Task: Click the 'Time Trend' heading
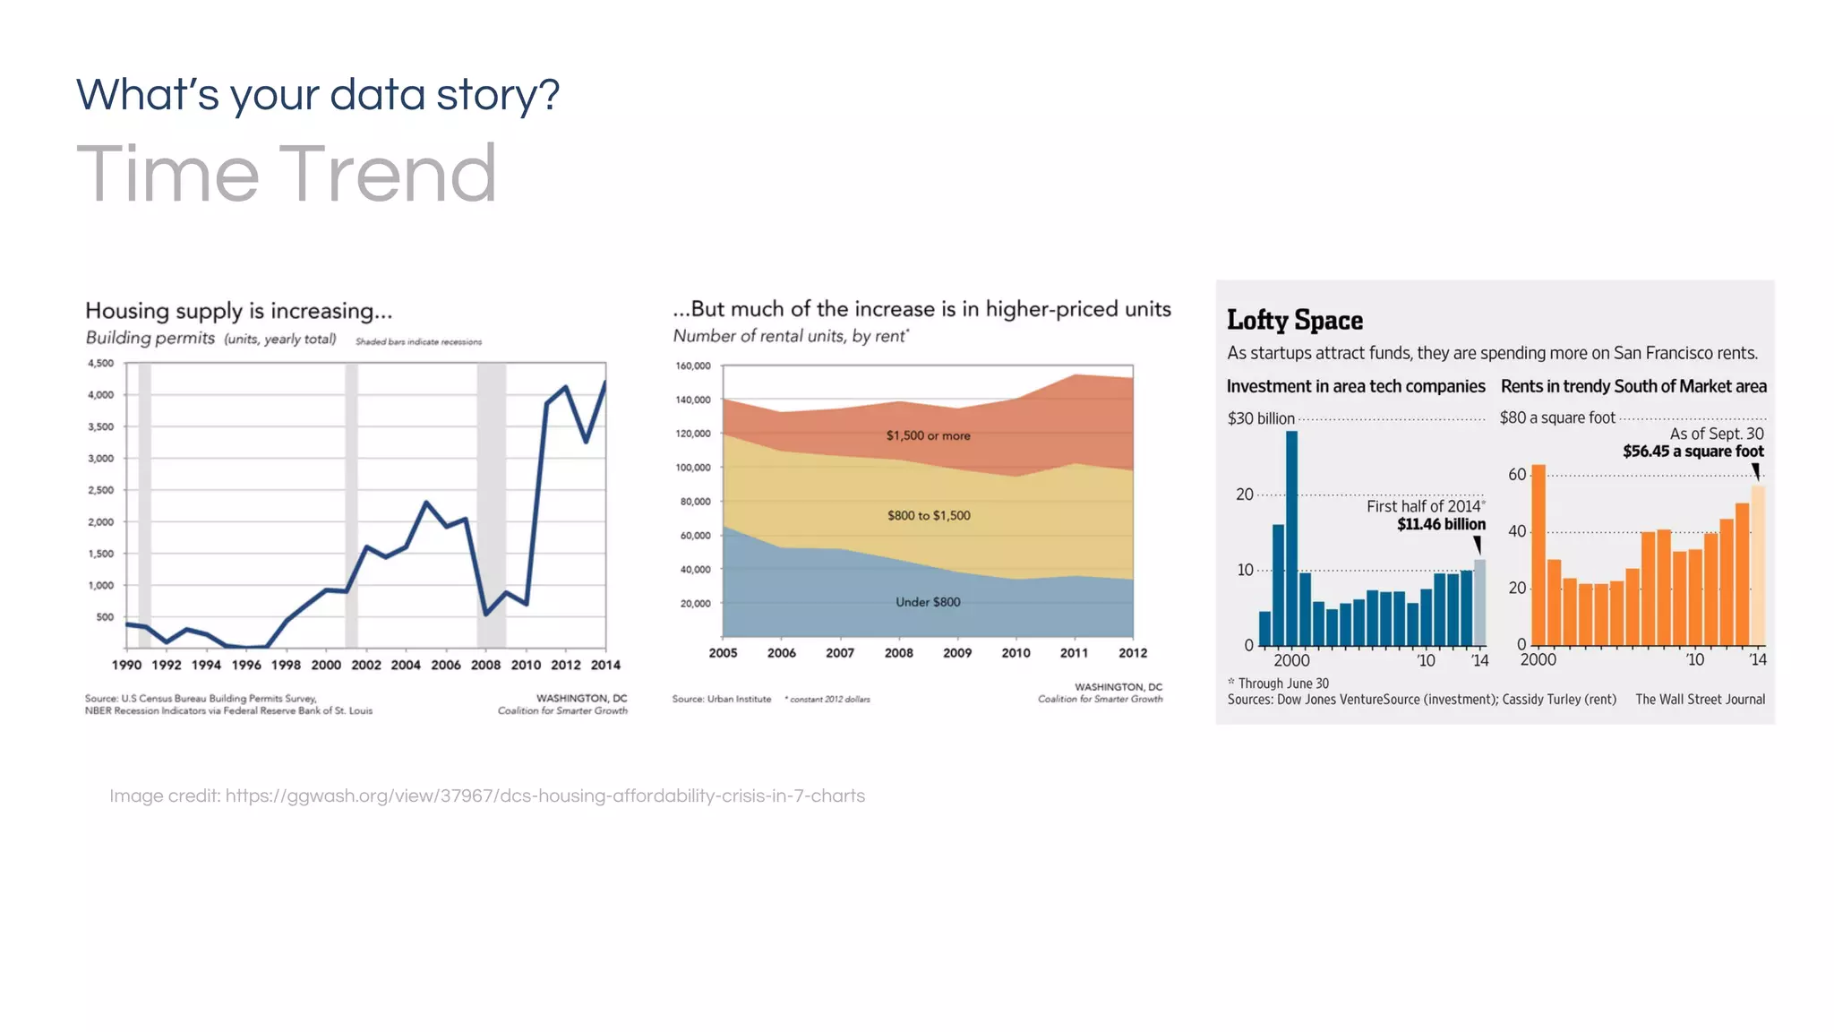coord(287,174)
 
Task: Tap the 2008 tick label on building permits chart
coord(485,665)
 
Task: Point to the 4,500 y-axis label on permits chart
coord(100,363)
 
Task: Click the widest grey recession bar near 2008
coord(491,502)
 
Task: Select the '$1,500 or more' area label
coord(928,435)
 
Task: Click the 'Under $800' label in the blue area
coord(928,602)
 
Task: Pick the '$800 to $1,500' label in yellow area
coord(929,515)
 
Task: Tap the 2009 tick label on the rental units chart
coord(956,653)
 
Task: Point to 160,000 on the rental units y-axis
coord(692,366)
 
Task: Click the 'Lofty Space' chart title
coord(1294,320)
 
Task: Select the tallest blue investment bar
coord(1291,537)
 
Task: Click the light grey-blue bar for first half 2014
coord(1479,602)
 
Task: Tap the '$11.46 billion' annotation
coord(1440,524)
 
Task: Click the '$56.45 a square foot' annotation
coord(1693,451)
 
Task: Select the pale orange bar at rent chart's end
coord(1758,564)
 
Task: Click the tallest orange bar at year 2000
coord(1538,555)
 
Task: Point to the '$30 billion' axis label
coord(1261,418)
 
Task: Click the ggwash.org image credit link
coord(544,795)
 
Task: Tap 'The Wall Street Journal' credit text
coord(1700,700)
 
